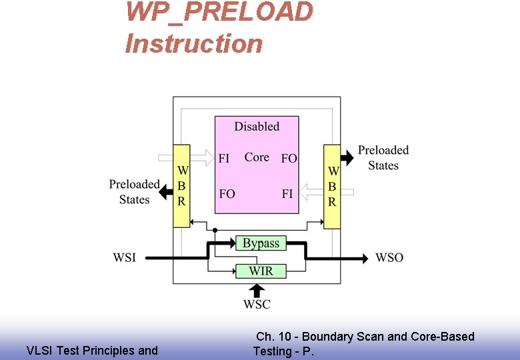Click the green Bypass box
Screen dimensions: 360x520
coord(261,243)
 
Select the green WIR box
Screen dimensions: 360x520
coord(261,271)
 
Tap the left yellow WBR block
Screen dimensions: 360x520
coord(181,186)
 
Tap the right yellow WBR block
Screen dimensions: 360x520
coord(332,186)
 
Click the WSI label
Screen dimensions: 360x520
coord(124,257)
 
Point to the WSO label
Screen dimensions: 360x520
coord(389,257)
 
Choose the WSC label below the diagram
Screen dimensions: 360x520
coord(257,305)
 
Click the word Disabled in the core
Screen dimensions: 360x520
coord(257,126)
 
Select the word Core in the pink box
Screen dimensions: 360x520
coord(257,157)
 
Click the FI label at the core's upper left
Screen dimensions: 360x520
coord(224,158)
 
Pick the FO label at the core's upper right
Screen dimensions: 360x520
coord(289,158)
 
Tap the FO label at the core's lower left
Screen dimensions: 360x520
coord(227,194)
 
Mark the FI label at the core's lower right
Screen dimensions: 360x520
coord(287,194)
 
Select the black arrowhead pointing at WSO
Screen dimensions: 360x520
coord(364,257)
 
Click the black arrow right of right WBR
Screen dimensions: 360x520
coord(347,158)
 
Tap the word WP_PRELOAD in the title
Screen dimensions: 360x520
coord(219,13)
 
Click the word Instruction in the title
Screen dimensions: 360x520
coord(194,44)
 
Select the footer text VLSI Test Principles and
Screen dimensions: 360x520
coord(92,350)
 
